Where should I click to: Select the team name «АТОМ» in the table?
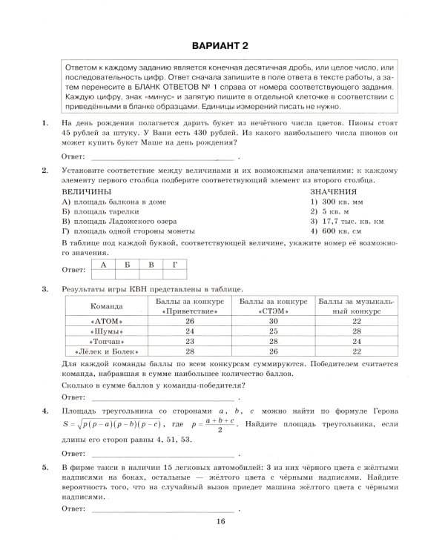point(106,321)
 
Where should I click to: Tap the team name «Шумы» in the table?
point(106,331)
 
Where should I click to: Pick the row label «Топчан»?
point(106,341)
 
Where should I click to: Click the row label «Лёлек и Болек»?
point(106,351)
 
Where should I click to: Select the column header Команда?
point(106,306)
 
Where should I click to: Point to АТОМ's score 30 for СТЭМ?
point(273,321)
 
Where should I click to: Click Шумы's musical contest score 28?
point(357,331)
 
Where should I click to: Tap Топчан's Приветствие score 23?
point(190,341)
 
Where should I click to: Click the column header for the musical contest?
point(357,306)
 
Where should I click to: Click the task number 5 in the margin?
point(46,467)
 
